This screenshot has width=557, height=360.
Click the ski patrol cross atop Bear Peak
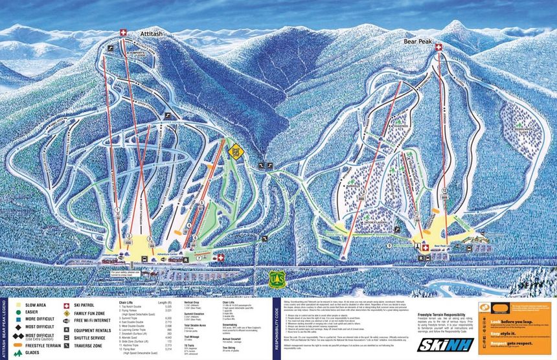[x=438, y=48]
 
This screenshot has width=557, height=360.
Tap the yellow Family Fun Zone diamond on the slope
[x=236, y=152]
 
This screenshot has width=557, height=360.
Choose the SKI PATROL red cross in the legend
[x=67, y=304]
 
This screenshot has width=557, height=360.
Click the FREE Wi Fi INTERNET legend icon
[x=67, y=320]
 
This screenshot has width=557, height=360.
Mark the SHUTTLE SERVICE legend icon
[x=67, y=338]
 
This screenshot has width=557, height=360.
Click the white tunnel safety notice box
[x=127, y=274]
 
